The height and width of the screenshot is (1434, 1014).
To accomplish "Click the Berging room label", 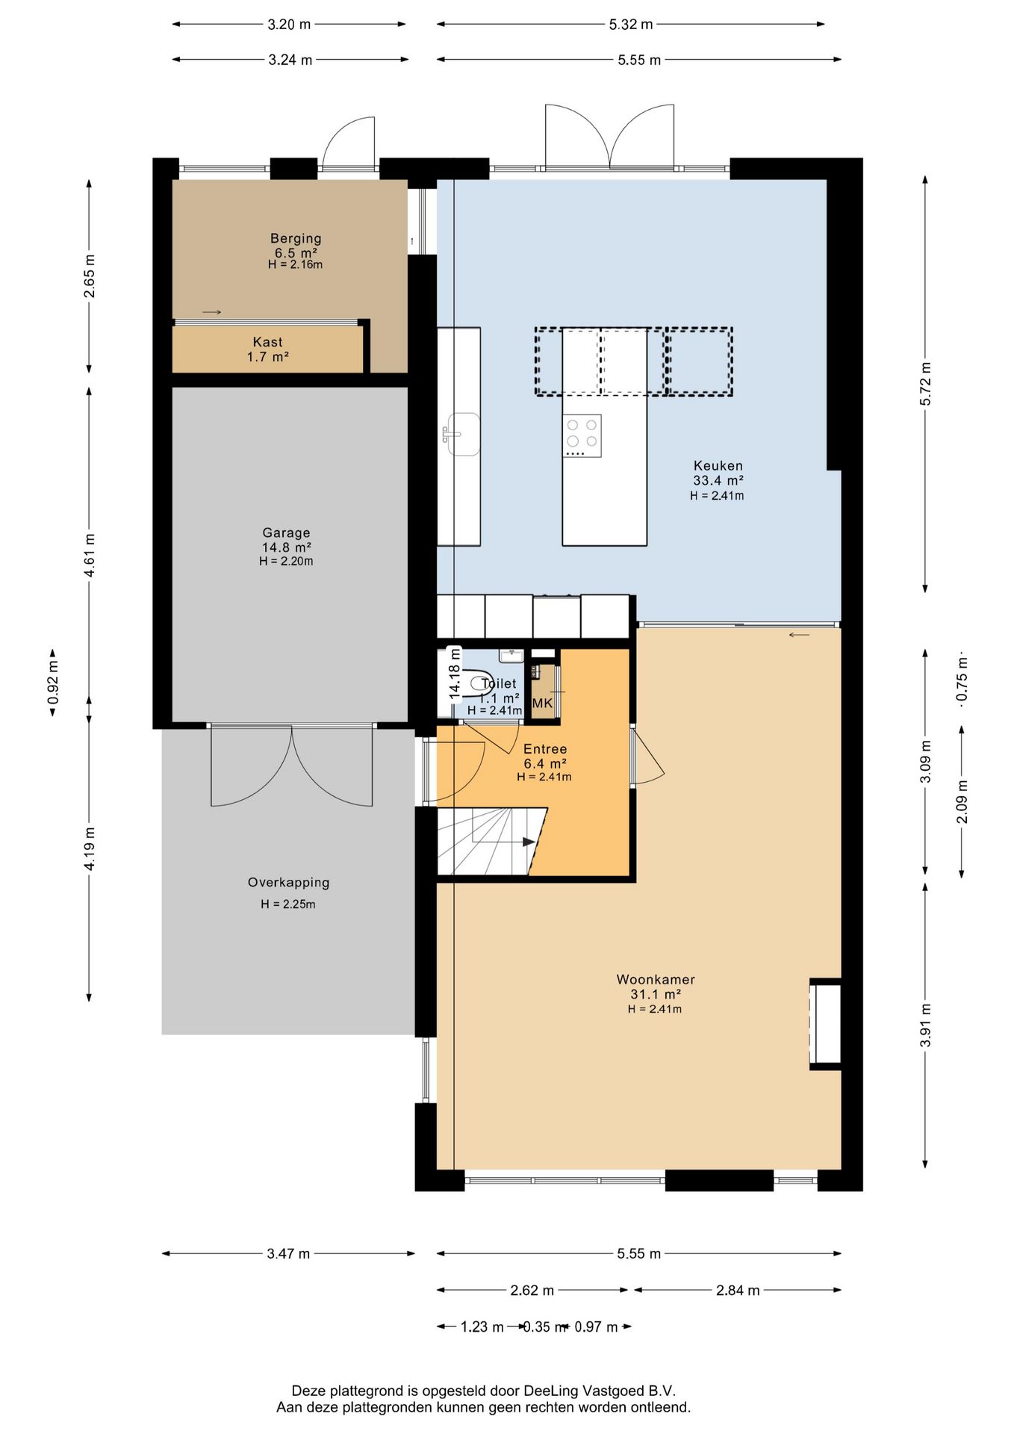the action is pyautogui.click(x=296, y=238).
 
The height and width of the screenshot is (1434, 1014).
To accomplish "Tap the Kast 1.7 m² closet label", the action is pyautogui.click(x=268, y=350).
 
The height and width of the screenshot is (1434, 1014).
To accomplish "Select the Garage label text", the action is pyautogui.click(x=286, y=533).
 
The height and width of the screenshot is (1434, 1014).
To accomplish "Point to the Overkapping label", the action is pyautogui.click(x=288, y=882).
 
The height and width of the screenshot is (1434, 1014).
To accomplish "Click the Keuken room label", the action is pyautogui.click(x=718, y=465).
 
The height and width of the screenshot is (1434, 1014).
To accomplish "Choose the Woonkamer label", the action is pyautogui.click(x=656, y=979).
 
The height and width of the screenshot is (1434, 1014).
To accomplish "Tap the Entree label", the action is pyautogui.click(x=545, y=748).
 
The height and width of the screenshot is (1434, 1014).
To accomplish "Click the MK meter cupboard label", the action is pyautogui.click(x=543, y=703).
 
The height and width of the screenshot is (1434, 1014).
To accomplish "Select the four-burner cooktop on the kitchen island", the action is pyautogui.click(x=582, y=435).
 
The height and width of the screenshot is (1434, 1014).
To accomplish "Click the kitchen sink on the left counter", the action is pyautogui.click(x=462, y=434).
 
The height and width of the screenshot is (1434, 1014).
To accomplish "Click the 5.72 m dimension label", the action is pyautogui.click(x=925, y=384).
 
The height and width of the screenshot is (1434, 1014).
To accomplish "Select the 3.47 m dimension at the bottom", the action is pyautogui.click(x=288, y=1253).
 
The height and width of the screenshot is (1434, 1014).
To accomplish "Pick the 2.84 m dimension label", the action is pyautogui.click(x=738, y=1290).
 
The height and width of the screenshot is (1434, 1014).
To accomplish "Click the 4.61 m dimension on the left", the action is pyautogui.click(x=90, y=555).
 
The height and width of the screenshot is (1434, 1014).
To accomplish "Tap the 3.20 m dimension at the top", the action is pyautogui.click(x=289, y=24).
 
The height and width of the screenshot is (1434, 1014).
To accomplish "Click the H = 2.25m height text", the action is pyautogui.click(x=288, y=904).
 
